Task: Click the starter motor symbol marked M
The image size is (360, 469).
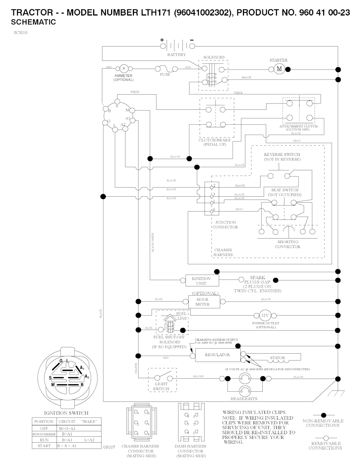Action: pyautogui.click(x=279, y=69)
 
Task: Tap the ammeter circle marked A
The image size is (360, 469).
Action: pyautogui.click(x=123, y=69)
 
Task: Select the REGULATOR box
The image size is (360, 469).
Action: pyautogui.click(x=218, y=355)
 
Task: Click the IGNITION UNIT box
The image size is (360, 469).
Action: pyautogui.click(x=201, y=281)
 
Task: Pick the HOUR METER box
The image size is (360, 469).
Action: pyautogui.click(x=203, y=302)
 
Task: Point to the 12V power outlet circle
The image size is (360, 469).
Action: pyautogui.click(x=265, y=315)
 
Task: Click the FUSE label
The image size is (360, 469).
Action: pyautogui.click(x=165, y=75)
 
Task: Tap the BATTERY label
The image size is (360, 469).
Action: pyautogui.click(x=176, y=55)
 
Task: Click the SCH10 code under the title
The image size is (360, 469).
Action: pyautogui.click(x=21, y=33)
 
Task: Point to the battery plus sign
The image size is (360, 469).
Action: pyautogui.click(x=162, y=40)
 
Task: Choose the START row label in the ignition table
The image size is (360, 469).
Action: pyautogui.click(x=44, y=446)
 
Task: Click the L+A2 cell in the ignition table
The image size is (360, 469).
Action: pyautogui.click(x=89, y=440)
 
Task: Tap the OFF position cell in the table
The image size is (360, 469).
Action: pyautogui.click(x=44, y=429)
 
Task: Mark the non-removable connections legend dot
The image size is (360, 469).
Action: pyautogui.click(x=323, y=416)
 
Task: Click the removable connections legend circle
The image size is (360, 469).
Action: pyautogui.click(x=325, y=438)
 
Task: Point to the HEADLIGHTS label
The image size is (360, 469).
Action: pyautogui.click(x=244, y=399)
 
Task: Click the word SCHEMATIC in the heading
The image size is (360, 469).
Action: pyautogui.click(x=33, y=22)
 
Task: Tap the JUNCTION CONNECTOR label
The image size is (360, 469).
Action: pyautogui.click(x=225, y=225)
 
